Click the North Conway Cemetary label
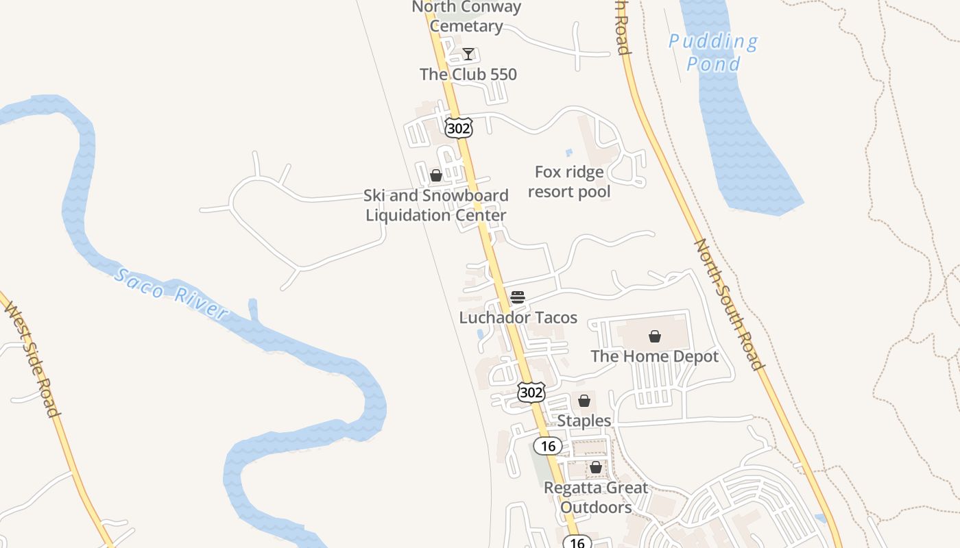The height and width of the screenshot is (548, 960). (x=466, y=16)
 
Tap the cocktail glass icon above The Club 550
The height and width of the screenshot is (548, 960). (x=468, y=54)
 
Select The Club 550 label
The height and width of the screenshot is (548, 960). (x=468, y=74)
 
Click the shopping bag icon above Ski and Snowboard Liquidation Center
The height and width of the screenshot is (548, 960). (x=436, y=175)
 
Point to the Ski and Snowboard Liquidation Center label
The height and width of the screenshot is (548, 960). (x=436, y=205)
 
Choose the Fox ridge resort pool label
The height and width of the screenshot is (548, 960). (x=569, y=182)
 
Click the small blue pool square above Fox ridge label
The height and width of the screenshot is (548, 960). (x=568, y=153)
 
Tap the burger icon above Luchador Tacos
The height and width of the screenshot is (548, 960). (x=518, y=297)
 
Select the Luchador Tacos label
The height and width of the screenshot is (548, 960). (x=518, y=318)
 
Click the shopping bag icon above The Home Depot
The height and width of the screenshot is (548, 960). (x=655, y=336)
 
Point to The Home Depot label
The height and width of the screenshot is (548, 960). (x=655, y=356)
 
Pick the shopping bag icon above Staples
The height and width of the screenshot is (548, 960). (x=584, y=401)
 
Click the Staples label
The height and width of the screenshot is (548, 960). (x=584, y=420)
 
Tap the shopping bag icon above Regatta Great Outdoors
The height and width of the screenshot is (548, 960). (x=596, y=467)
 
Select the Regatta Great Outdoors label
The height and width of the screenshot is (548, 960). (x=596, y=497)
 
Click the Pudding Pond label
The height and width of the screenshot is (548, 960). (x=713, y=53)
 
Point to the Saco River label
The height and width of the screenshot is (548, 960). (x=171, y=295)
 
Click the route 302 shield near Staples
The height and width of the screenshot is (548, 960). (x=531, y=393)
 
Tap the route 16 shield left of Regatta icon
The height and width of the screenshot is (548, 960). (x=548, y=447)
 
